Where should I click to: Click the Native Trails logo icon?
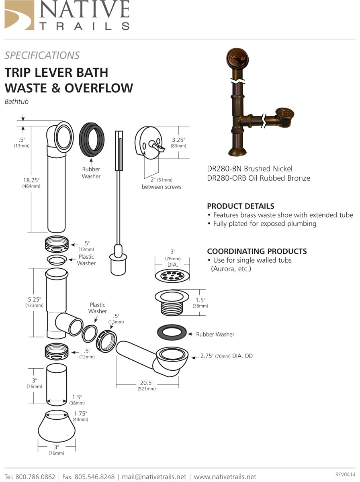pyautogui.click(x=19, y=15)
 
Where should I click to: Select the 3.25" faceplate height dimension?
pyautogui.click(x=178, y=140)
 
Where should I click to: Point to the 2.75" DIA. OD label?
pyautogui.click(x=227, y=356)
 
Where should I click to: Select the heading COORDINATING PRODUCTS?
pyautogui.click(x=257, y=251)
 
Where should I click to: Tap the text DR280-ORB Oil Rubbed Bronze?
pyautogui.click(x=258, y=178)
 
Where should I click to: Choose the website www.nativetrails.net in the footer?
pyautogui.click(x=225, y=477)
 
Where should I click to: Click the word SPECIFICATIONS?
pyautogui.click(x=42, y=55)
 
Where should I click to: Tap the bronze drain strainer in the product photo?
pyautogui.click(x=284, y=115)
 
